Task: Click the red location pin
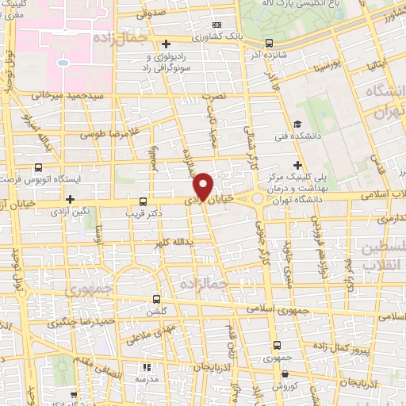(x=204, y=186)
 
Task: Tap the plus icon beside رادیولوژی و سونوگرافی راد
(x=165, y=44)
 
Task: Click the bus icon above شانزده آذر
(x=270, y=43)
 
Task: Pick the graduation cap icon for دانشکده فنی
(x=297, y=124)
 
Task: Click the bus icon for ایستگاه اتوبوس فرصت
(x=39, y=168)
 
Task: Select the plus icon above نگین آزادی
(x=71, y=199)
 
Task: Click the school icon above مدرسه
(x=146, y=367)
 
